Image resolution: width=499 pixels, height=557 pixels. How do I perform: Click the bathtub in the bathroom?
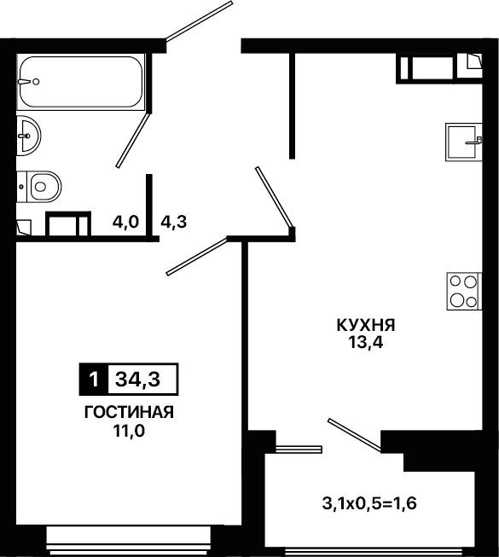point(81,82)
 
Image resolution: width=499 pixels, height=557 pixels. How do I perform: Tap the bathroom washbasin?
point(28,136)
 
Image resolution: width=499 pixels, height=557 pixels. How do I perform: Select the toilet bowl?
point(39,187)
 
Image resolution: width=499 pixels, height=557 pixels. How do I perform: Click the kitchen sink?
point(463,142)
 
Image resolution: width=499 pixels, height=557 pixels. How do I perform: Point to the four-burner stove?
point(464,291)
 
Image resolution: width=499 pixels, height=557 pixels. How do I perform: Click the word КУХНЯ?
point(366,325)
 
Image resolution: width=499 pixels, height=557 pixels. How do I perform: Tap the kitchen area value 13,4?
point(366,342)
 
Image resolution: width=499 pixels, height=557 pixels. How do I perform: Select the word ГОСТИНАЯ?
point(129,413)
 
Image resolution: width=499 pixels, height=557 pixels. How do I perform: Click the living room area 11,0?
point(129,431)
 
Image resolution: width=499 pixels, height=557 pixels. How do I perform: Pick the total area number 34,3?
point(138,380)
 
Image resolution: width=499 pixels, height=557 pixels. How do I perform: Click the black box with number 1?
point(94,380)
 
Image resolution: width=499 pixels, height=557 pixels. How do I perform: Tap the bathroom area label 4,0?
point(125,223)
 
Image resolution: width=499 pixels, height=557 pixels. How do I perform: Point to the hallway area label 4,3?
point(174,223)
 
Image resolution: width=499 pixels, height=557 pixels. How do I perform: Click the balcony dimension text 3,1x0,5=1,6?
point(369,503)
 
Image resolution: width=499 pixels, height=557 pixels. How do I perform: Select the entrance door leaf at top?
point(200,21)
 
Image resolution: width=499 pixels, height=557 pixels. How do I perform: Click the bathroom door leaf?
point(134,140)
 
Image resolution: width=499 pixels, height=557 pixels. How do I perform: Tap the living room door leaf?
point(197,257)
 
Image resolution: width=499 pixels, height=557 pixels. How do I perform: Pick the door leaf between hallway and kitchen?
point(274,197)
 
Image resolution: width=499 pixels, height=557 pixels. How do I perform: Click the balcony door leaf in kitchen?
point(355,436)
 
